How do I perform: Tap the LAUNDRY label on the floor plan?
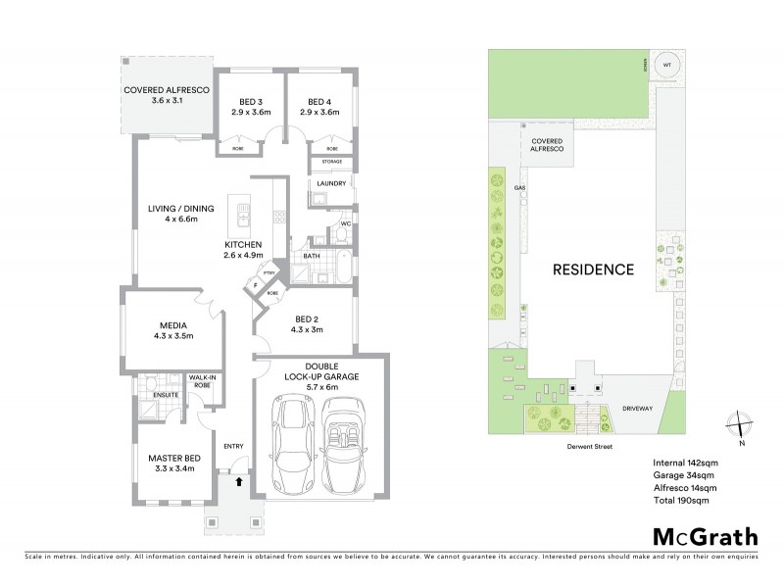[x=325, y=183]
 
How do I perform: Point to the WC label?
[x=345, y=223]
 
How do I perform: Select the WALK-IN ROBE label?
[x=203, y=380]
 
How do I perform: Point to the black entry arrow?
[x=238, y=480]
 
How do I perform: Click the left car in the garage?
[x=291, y=446]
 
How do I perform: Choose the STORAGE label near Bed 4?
[x=325, y=162]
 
